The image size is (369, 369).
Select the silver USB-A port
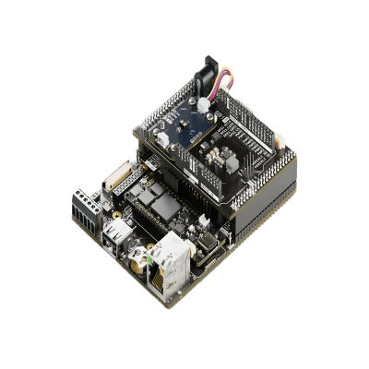point(118,233)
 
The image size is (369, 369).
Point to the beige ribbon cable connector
point(119,177)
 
